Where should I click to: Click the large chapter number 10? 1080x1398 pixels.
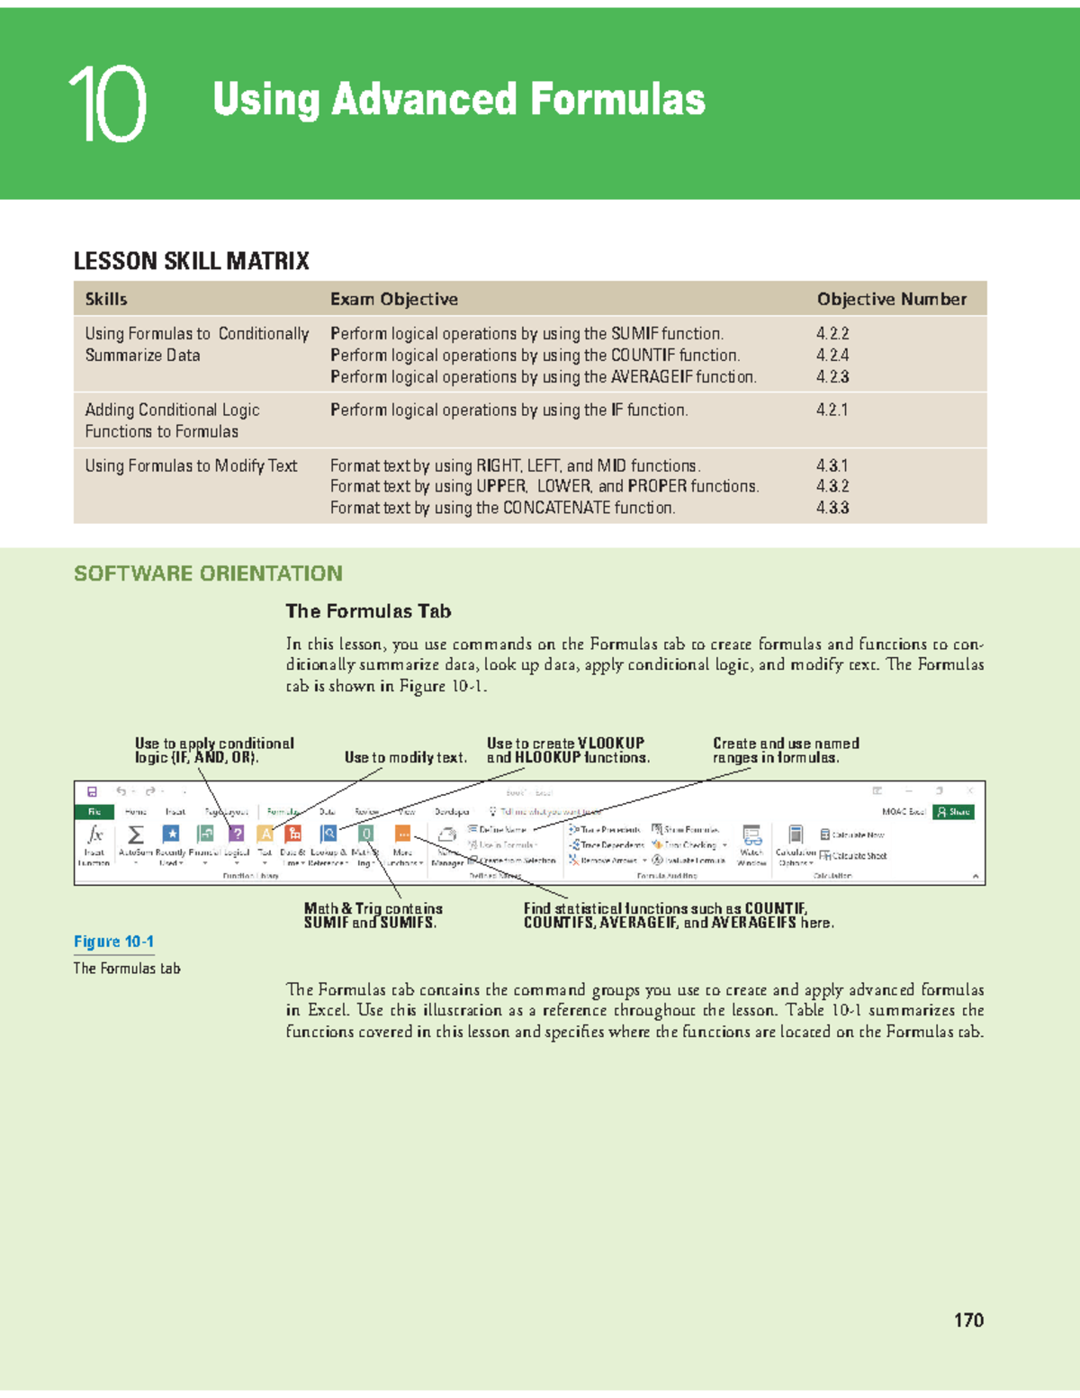point(108,104)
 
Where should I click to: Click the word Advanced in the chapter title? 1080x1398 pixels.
point(424,99)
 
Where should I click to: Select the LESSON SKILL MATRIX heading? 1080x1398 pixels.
point(191,261)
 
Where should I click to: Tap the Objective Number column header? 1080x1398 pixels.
point(891,299)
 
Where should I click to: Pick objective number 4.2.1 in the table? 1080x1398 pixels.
point(832,410)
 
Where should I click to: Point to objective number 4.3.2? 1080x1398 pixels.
point(832,486)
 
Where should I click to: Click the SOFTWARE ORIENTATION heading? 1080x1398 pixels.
point(208,573)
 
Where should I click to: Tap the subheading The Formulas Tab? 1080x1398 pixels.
point(368,611)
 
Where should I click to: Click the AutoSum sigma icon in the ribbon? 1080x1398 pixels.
point(136,835)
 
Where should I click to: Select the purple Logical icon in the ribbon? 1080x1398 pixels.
point(236,834)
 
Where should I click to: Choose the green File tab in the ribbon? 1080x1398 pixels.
point(94,812)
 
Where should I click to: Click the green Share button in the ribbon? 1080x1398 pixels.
point(954,812)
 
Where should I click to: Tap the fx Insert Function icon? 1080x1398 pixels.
point(94,835)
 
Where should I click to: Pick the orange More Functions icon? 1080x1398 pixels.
point(402,834)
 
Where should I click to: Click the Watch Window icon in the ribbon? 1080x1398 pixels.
point(751,836)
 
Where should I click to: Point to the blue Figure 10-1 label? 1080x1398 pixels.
point(113,942)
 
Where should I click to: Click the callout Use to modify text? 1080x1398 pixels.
point(405,758)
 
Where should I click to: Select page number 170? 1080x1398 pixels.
point(968,1320)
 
